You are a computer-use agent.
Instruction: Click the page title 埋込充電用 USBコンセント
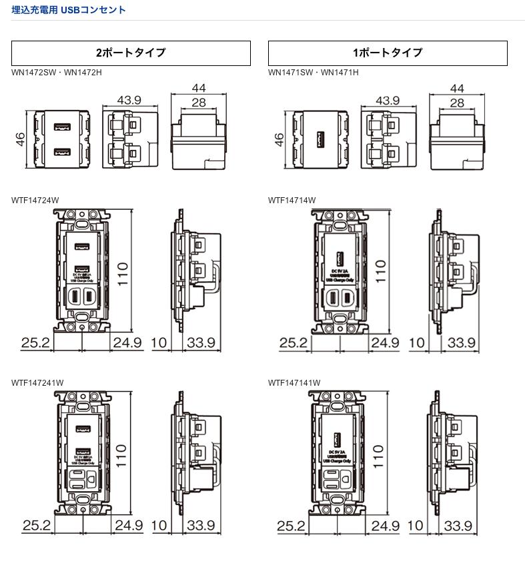[69, 10]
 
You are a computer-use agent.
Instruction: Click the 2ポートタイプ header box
[131, 53]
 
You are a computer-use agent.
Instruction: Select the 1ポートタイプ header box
[388, 53]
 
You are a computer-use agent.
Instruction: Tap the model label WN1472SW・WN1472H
[57, 72]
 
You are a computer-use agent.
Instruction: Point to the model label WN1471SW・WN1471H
[314, 72]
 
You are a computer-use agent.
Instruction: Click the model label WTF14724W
[35, 200]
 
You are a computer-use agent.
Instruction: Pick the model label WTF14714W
[292, 200]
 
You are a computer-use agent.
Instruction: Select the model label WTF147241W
[37, 382]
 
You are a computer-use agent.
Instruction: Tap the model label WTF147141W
[294, 382]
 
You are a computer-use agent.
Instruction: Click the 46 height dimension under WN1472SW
[21, 139]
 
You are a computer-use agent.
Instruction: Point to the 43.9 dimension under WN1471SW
[387, 101]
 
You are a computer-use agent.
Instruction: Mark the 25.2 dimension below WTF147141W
[292, 526]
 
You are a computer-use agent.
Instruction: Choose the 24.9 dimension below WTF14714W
[385, 343]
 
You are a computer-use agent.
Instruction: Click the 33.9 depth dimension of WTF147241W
[201, 525]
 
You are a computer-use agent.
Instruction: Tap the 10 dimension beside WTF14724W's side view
[159, 343]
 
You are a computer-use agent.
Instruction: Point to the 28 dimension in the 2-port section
[198, 103]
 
